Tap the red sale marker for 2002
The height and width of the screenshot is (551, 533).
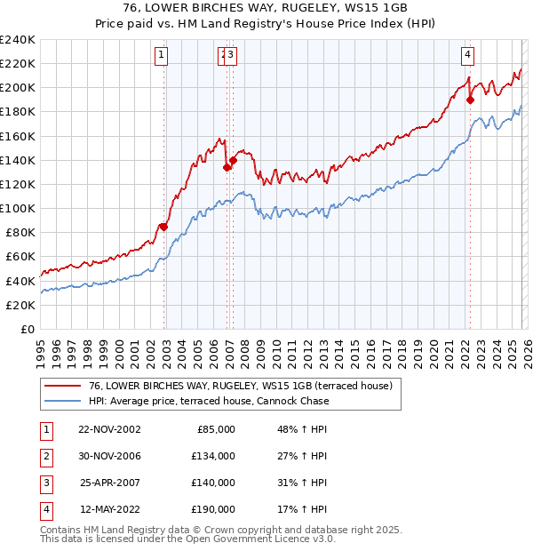[x=163, y=227]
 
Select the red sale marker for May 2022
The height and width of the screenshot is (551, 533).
[x=470, y=100]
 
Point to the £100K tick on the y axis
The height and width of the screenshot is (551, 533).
[x=18, y=208]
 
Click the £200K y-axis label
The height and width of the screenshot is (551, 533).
[x=18, y=88]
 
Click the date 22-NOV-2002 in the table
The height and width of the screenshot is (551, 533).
[x=109, y=429]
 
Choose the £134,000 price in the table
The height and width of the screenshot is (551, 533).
[x=213, y=456]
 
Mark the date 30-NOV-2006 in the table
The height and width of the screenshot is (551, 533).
[x=109, y=456]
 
